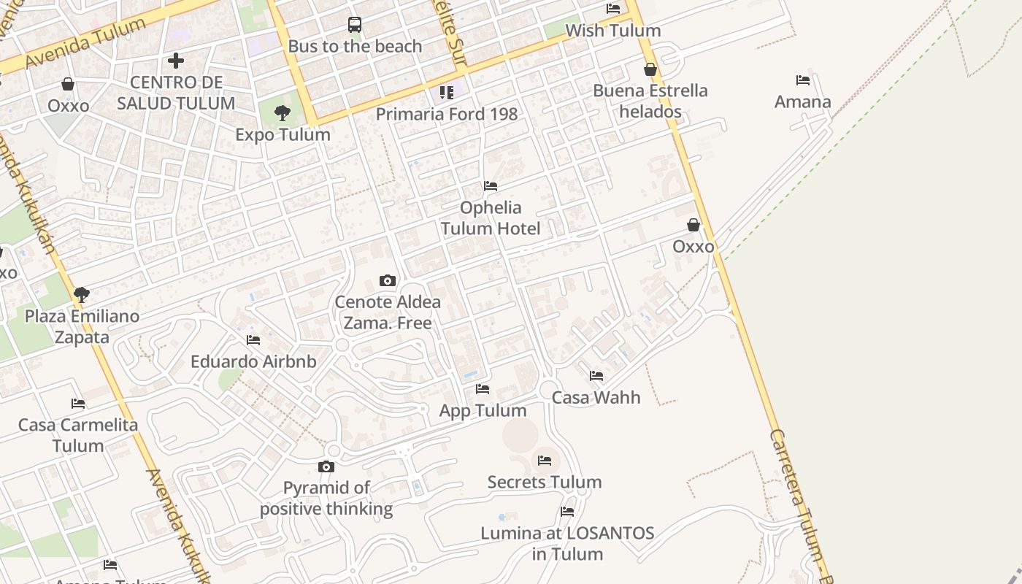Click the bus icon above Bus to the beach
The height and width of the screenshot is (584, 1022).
click(x=355, y=25)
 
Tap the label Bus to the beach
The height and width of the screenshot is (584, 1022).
click(x=355, y=46)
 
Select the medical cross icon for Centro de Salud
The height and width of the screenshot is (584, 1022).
click(x=176, y=61)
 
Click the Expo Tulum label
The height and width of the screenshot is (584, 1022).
click(x=283, y=134)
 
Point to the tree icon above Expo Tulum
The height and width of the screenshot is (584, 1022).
click(x=283, y=113)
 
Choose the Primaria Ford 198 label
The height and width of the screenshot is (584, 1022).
click(x=447, y=114)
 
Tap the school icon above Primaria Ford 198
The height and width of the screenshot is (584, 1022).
click(x=447, y=93)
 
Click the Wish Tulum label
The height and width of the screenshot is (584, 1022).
click(x=613, y=31)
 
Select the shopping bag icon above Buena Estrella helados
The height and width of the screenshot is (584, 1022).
click(x=650, y=69)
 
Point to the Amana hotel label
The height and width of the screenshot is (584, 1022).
click(x=803, y=101)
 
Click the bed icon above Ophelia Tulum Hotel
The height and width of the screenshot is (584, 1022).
click(x=491, y=187)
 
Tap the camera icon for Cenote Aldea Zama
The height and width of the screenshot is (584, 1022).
click(x=388, y=280)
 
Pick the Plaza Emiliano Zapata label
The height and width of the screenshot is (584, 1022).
click(x=82, y=326)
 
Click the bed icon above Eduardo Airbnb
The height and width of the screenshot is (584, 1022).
click(x=253, y=340)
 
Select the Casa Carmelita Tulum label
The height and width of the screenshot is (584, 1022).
click(x=78, y=435)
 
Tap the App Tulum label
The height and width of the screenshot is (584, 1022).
click(x=483, y=410)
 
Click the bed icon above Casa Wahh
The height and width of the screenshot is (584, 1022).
click(x=596, y=377)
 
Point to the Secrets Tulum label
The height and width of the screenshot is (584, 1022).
click(x=545, y=482)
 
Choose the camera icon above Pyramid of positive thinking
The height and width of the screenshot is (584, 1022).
click(x=326, y=467)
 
